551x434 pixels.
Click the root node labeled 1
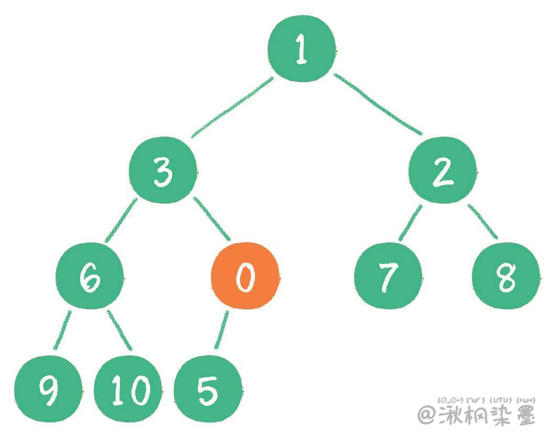coord(302,49)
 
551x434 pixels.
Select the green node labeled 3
coord(163,170)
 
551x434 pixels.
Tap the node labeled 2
coord(443,170)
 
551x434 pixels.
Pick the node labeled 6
coord(90,276)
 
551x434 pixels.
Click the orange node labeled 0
coord(245,276)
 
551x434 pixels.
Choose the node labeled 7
coord(388,276)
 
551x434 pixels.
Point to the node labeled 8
coord(506,276)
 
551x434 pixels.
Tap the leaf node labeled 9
coord(48,389)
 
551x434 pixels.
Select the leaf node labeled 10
coord(128,389)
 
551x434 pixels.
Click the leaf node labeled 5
coord(208,389)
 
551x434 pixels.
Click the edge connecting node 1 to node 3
coord(232,107)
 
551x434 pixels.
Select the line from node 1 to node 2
coord(378,104)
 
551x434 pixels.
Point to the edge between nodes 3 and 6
coord(121,220)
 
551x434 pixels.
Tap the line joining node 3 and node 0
coord(212,219)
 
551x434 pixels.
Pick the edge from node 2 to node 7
coord(411,222)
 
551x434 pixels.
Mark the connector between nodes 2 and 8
coord(482,221)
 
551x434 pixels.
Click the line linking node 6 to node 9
coord(62,330)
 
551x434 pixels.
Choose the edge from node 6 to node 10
coord(120,330)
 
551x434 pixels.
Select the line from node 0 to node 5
coord(222,330)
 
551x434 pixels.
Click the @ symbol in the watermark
coord(427,415)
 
